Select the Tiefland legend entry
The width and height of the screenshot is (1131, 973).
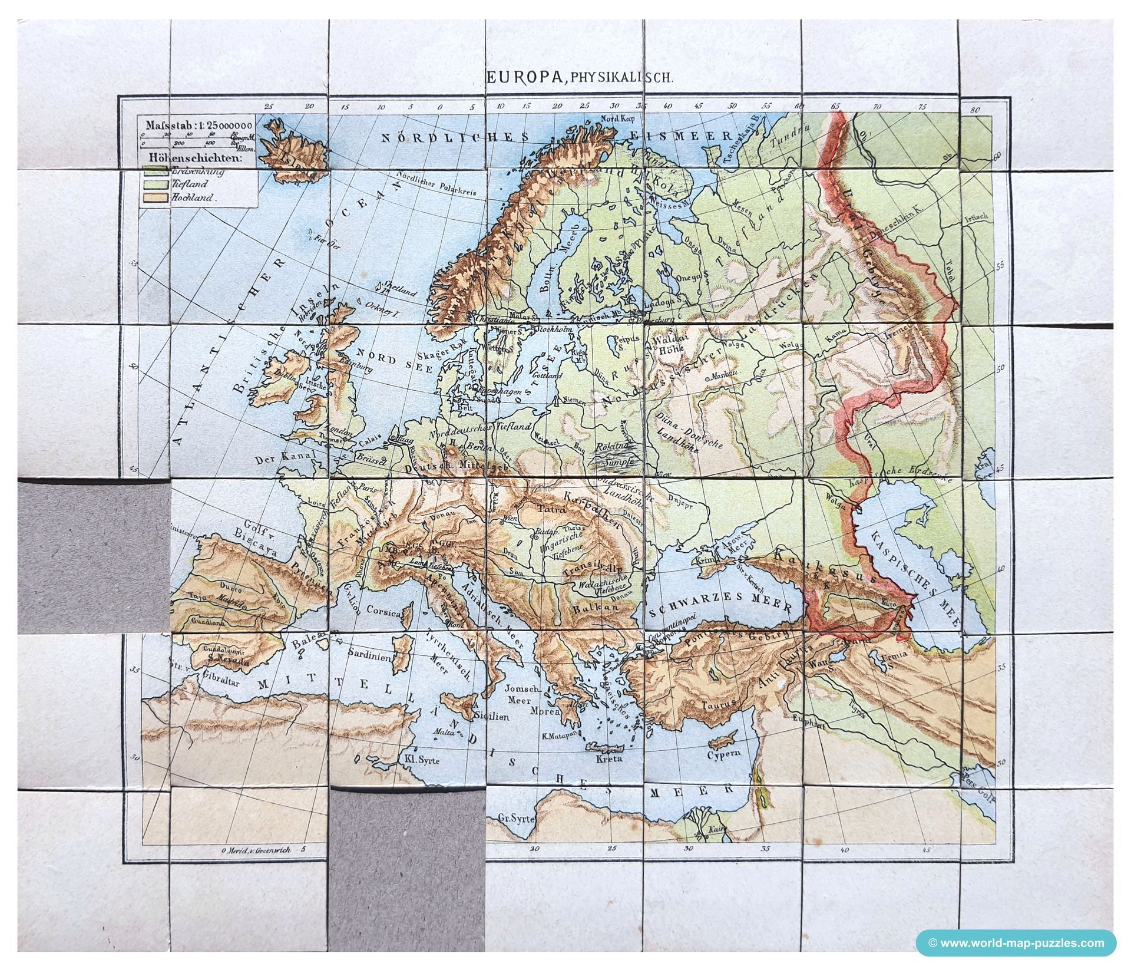point(190,185)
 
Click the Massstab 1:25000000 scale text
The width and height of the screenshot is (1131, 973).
point(196,126)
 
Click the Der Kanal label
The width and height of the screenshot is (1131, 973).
point(279,459)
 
